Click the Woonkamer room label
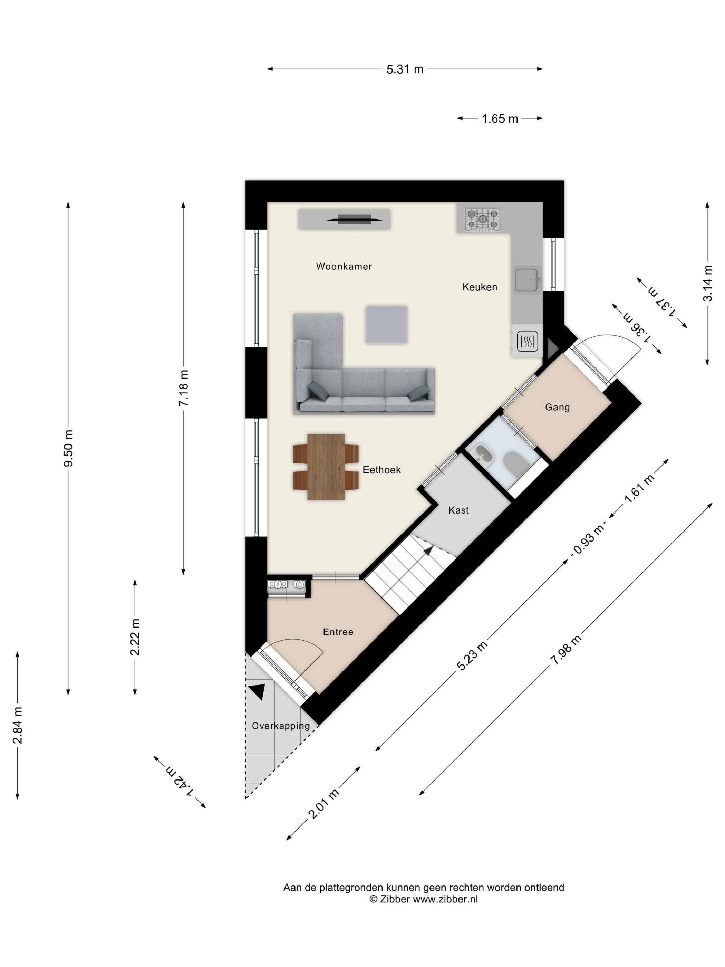[344, 266]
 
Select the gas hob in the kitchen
[482, 219]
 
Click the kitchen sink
[527, 280]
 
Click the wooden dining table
[326, 467]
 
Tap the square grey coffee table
[386, 324]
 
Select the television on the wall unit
[355, 219]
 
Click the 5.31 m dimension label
[405, 69]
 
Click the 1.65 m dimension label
[500, 118]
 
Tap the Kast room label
[458, 510]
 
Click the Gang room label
[557, 408]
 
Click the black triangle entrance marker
[258, 692]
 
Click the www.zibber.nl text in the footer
[445, 899]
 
